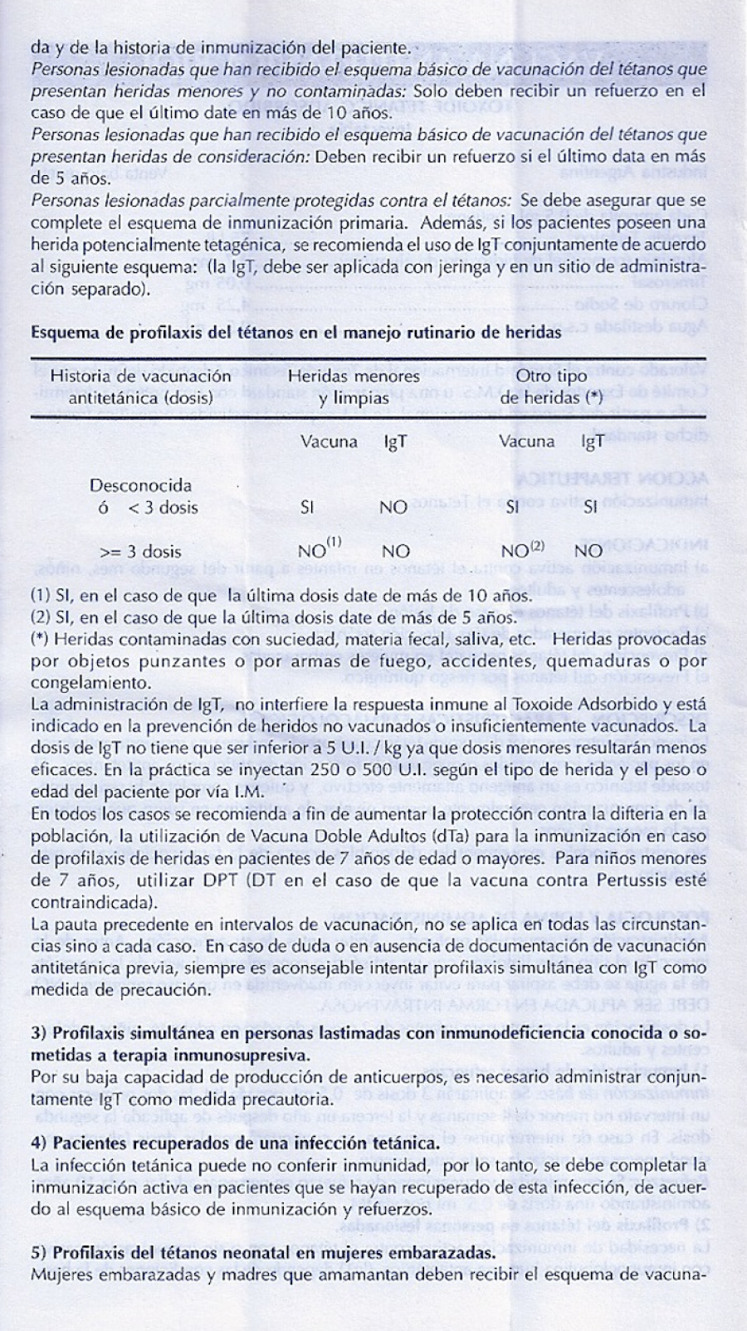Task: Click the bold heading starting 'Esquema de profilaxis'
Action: [x=295, y=333]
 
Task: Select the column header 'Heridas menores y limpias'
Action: [x=354, y=387]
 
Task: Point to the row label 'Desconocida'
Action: [x=140, y=485]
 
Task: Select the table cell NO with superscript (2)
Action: [x=523, y=549]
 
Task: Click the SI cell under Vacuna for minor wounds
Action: [x=307, y=508]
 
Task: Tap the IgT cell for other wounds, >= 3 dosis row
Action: [x=588, y=550]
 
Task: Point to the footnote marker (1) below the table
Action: [x=41, y=595]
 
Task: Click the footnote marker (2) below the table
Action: [x=41, y=617]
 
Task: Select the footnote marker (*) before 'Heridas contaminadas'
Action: [x=40, y=639]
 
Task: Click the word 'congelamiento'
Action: [x=91, y=683]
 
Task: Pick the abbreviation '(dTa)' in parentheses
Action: [x=453, y=836]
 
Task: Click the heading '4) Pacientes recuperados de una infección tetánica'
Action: [x=235, y=1143]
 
